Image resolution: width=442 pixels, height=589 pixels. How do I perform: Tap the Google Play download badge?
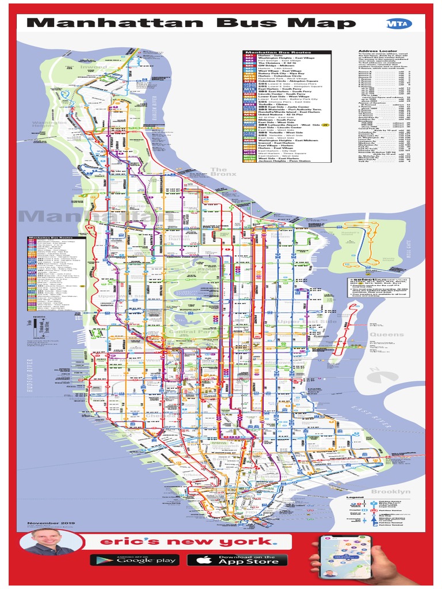click(x=134, y=560)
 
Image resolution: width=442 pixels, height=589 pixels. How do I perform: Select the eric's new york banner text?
click(x=185, y=542)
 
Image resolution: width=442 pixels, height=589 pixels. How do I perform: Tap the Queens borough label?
click(x=387, y=335)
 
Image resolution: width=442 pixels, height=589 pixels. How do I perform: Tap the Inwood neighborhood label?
click(x=93, y=67)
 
